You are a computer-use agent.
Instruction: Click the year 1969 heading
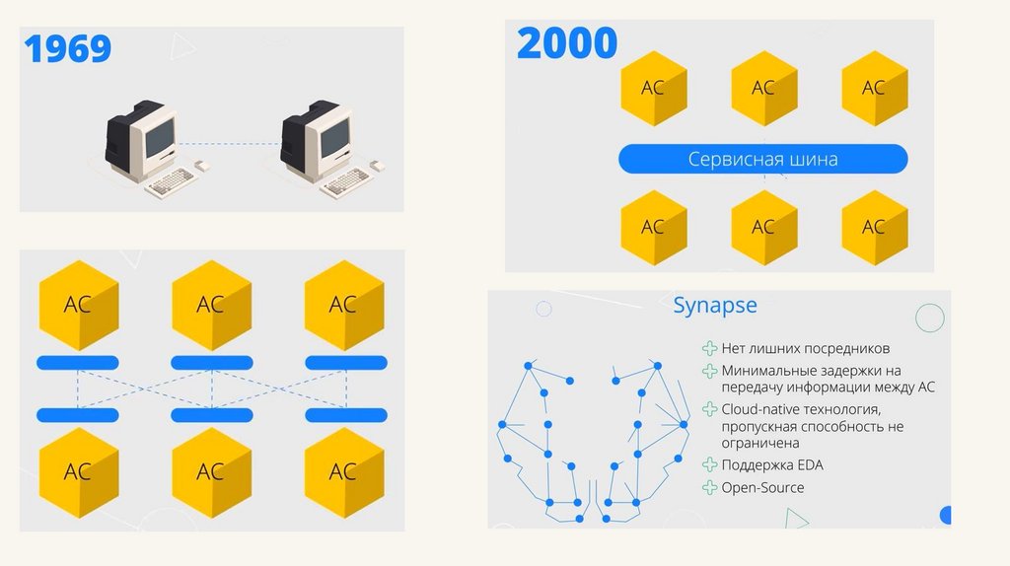[68, 48]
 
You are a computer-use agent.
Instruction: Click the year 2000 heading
[567, 43]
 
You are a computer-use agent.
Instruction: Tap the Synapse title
[715, 306]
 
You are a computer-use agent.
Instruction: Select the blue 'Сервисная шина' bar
[762, 159]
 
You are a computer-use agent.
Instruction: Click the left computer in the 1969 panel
[144, 142]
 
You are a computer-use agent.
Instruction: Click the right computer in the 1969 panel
[319, 142]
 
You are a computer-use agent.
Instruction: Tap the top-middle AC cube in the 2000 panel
[762, 87]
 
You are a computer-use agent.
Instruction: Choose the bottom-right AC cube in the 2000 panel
[873, 227]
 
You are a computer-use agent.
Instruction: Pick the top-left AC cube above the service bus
[652, 87]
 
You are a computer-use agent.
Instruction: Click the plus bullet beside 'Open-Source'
[709, 487]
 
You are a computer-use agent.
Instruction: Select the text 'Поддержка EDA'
[771, 464]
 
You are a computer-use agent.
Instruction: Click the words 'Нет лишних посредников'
[805, 348]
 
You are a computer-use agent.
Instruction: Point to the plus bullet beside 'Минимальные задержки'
[709, 371]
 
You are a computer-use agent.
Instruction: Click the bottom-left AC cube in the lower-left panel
[78, 471]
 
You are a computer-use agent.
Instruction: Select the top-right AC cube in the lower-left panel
[342, 304]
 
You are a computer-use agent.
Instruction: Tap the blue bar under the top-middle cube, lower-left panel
[211, 363]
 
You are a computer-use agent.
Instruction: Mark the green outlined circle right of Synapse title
[929, 318]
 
